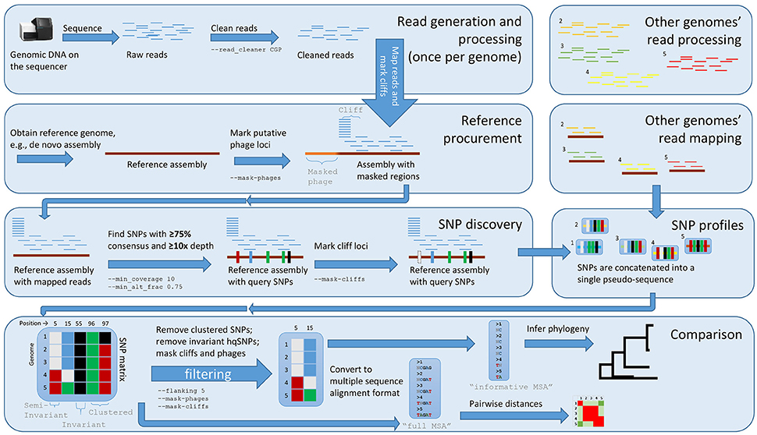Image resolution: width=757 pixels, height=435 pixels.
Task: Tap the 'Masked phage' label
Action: [x=319, y=177]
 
